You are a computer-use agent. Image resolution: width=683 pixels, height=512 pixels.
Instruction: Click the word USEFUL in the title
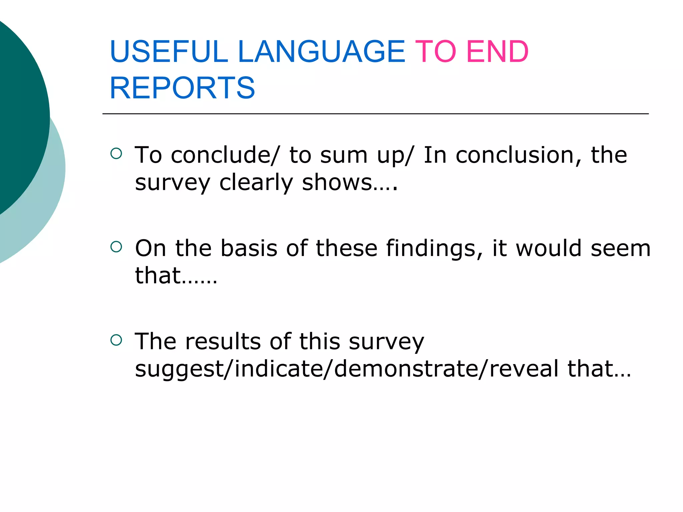pyautogui.click(x=168, y=52)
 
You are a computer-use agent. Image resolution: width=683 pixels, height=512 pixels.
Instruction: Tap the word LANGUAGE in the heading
pyautogui.click(x=321, y=52)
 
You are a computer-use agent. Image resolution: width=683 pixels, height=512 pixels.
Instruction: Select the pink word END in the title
pyautogui.click(x=497, y=52)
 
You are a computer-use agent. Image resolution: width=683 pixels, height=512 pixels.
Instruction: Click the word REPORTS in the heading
pyautogui.click(x=182, y=88)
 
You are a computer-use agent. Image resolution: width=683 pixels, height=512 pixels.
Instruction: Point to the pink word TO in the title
pyautogui.click(x=435, y=52)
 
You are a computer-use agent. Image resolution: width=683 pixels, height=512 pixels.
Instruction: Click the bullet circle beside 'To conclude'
pyautogui.click(x=116, y=153)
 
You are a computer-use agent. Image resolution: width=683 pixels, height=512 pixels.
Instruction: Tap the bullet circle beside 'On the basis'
pyautogui.click(x=116, y=247)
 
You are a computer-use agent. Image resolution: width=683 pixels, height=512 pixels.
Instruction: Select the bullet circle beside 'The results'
pyautogui.click(x=116, y=340)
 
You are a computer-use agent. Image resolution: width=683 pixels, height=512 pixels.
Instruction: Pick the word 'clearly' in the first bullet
pyautogui.click(x=256, y=183)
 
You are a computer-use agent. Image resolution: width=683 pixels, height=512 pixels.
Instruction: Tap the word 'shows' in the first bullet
pyautogui.click(x=337, y=182)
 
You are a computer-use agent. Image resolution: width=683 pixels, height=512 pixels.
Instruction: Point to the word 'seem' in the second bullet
pyautogui.click(x=620, y=249)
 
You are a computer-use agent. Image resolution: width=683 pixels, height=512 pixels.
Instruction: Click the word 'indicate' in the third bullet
pyautogui.click(x=279, y=369)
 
